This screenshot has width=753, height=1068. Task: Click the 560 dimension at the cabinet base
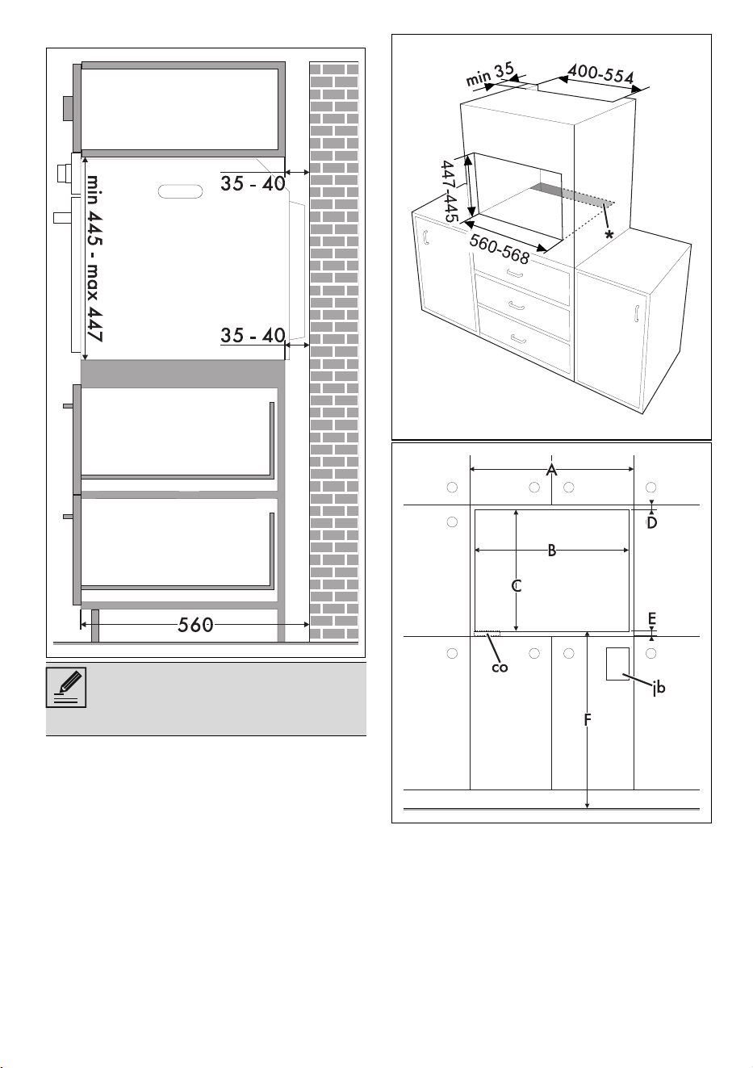[195, 625]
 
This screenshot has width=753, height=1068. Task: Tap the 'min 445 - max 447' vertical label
[94, 258]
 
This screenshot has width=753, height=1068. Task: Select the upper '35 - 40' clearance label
[253, 183]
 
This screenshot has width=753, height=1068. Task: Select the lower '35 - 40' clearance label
[253, 335]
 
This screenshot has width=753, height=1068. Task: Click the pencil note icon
[65, 687]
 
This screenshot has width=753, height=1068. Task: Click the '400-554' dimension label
[600, 74]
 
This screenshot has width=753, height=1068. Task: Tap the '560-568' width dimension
[499, 249]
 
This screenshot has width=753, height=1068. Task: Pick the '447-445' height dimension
[450, 191]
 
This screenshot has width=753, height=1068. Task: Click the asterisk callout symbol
[609, 235]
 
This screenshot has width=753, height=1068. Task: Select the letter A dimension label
[551, 470]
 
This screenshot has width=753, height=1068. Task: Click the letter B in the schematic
[552, 551]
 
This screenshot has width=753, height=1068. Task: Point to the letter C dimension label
[517, 585]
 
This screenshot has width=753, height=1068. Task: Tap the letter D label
[651, 523]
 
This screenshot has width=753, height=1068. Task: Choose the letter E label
[652, 619]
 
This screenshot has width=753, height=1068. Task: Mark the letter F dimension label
[588, 720]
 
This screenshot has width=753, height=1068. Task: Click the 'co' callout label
[500, 668]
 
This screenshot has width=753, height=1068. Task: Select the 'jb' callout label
[659, 687]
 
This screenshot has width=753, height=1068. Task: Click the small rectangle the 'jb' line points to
[617, 664]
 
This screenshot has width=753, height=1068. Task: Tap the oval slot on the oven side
[180, 191]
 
